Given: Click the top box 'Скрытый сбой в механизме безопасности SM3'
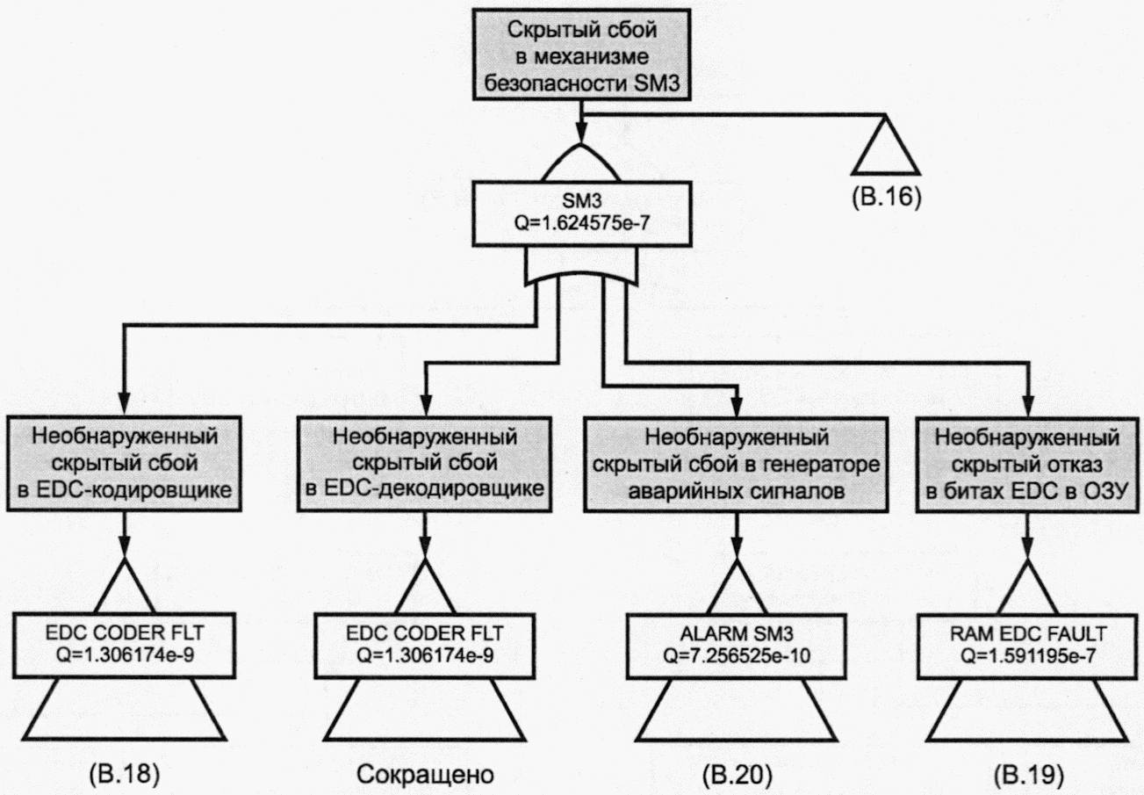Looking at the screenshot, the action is coord(582,54).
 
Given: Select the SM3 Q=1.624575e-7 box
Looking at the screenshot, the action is coord(582,214).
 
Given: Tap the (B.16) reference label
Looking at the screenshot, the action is coord(887,197).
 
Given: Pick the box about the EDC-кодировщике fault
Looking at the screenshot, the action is coord(124,464).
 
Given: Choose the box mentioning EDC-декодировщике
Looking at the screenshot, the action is coord(424,464).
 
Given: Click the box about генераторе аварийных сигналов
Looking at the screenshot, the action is coord(736,464).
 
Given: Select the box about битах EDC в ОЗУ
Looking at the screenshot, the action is coord(1027,464).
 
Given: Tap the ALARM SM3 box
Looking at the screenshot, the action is coord(737,646).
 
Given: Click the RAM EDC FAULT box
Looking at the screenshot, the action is coord(1028,646).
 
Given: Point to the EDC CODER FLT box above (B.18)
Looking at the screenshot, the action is coord(124,646).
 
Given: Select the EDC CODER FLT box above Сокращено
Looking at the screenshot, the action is coord(424,646).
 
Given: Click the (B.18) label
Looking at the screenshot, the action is coord(125,775).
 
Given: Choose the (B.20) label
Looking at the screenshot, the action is coord(737,775).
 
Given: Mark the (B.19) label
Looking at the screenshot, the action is coord(1029,775).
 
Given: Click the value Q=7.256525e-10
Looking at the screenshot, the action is coord(737,655).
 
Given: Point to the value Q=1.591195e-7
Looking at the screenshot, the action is coord(1028,655).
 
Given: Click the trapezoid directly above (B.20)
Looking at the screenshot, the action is coord(737,710).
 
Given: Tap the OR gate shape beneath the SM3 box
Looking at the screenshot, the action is coord(582,268).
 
